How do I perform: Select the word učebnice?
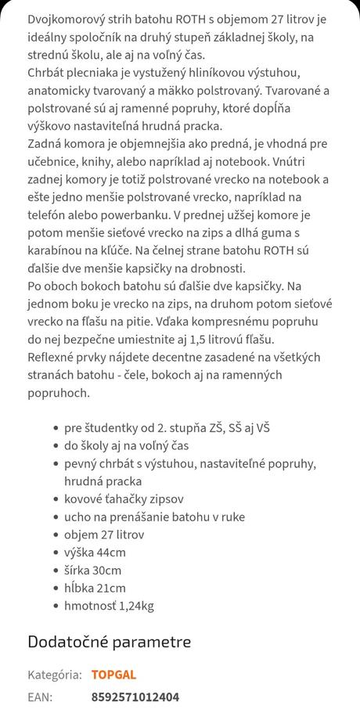[54, 162]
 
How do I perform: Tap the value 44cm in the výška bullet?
[111, 553]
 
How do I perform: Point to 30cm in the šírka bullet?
[106, 571]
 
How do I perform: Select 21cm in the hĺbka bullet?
[110, 588]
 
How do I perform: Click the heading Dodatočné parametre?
[109, 643]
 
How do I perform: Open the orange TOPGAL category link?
[113, 675]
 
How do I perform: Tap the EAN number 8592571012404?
[135, 697]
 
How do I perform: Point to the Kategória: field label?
[55, 675]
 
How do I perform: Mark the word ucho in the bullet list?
[77, 517]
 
